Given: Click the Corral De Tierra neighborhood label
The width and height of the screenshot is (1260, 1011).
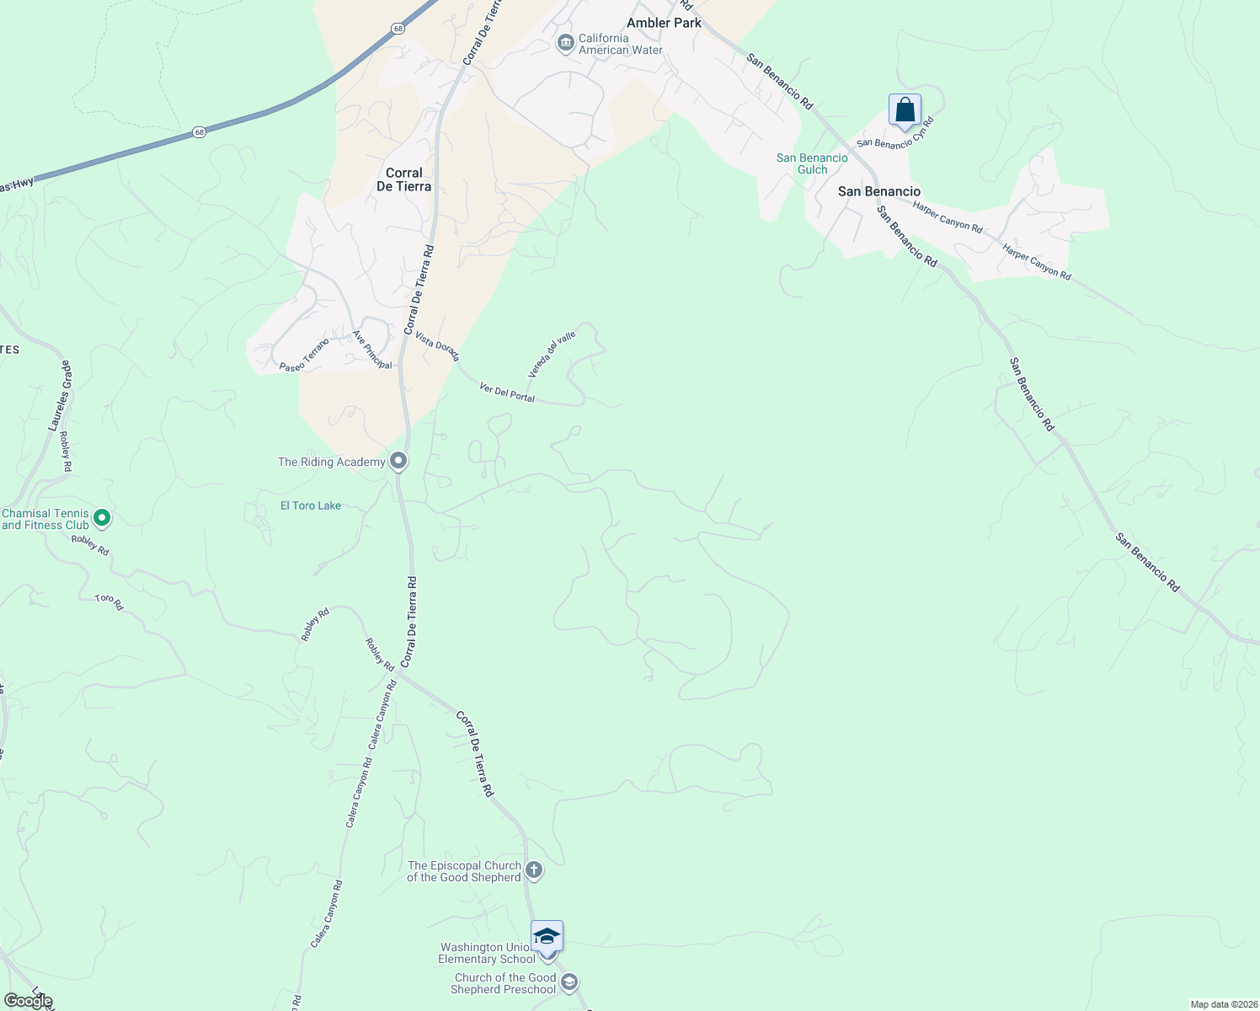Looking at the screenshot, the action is (x=403, y=179).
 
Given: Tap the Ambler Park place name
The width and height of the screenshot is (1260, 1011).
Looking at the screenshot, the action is (x=664, y=23).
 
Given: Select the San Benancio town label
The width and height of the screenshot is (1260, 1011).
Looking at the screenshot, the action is (x=878, y=191).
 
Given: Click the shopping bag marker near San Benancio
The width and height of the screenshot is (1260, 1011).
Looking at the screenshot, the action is (x=905, y=110).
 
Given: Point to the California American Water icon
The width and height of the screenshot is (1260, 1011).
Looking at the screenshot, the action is (x=566, y=42).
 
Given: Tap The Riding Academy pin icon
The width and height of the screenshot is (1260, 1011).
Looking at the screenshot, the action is (x=398, y=461).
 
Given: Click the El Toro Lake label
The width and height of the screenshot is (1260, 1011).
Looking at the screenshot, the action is (x=311, y=505).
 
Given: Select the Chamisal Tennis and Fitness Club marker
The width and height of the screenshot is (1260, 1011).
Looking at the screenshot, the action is (x=102, y=518).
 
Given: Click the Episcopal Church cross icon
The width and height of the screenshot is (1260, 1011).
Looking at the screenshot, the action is (x=533, y=870).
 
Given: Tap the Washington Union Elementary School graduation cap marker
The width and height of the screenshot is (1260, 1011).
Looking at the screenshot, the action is (x=547, y=936).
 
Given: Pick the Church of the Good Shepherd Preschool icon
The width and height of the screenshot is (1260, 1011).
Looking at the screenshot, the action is (x=569, y=982).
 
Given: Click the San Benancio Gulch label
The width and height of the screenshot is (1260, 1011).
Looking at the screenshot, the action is (x=812, y=163).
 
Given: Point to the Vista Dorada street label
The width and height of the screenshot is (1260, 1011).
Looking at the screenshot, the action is (x=437, y=345).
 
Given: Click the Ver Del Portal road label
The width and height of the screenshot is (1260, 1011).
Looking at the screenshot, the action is (x=507, y=392).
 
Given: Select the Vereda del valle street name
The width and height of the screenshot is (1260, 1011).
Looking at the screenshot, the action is (x=552, y=354).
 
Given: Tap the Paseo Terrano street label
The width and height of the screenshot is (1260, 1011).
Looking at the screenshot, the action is (x=304, y=355).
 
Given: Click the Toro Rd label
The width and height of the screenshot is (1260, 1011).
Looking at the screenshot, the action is (x=109, y=602).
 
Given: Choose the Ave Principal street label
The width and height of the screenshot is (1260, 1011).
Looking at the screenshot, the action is (x=372, y=349).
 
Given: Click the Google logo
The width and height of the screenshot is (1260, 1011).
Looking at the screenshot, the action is (x=28, y=1001).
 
